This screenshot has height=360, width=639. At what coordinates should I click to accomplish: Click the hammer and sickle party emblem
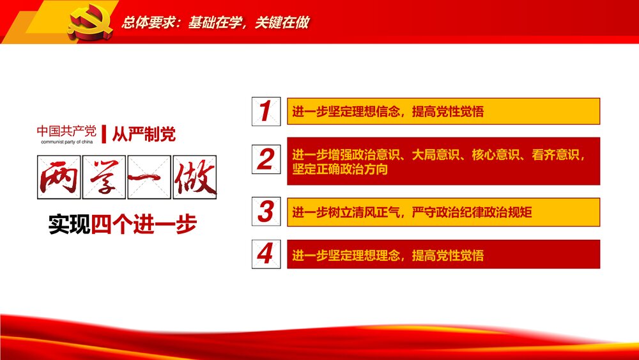[89, 23]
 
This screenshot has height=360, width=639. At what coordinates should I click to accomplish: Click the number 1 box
[265, 111]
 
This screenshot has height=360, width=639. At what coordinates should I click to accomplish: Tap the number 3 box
[265, 212]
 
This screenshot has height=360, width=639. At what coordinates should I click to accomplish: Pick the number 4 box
[265, 254]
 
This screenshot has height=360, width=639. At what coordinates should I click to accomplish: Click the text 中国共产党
[66, 132]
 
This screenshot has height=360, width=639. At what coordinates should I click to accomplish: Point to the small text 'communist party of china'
[66, 143]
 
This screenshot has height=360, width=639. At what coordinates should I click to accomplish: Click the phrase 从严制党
[143, 134]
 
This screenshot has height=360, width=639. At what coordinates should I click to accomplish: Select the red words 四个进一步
[144, 225]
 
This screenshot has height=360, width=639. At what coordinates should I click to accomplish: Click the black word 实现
[70, 225]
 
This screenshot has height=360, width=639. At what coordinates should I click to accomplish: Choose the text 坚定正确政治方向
[340, 170]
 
